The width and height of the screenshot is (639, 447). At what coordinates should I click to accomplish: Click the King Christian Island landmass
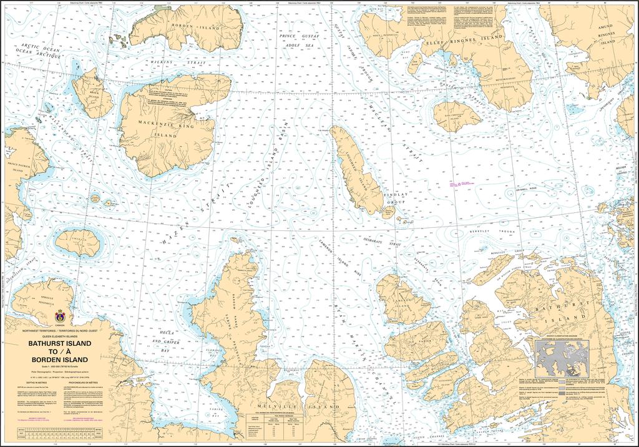coord(457,116)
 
